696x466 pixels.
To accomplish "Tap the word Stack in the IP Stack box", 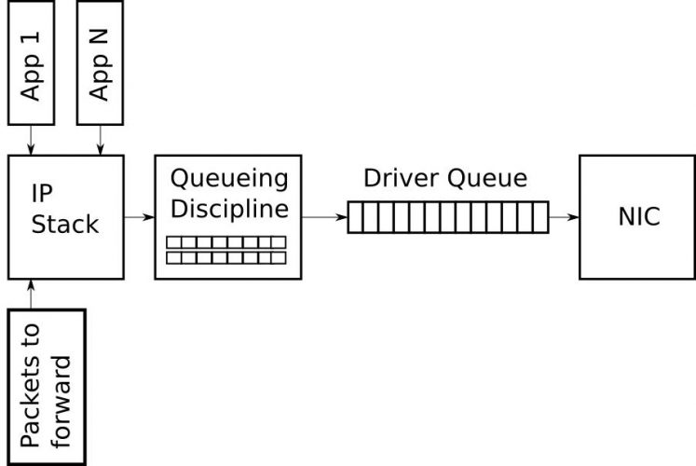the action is [65, 224].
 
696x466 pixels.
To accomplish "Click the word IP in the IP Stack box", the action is [42, 194].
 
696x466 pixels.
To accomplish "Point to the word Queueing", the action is [229, 179].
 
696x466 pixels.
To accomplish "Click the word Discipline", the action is [229, 208].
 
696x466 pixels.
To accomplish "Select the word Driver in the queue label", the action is [403, 178].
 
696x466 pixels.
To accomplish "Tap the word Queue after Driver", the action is [487, 178].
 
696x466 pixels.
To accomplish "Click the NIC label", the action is [639, 216].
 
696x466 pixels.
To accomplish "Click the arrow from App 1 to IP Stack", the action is [31, 140].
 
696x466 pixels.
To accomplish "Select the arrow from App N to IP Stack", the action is [100, 140].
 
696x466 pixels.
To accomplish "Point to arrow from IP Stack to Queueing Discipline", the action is [140, 217].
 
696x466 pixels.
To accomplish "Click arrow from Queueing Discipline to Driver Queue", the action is [324, 217].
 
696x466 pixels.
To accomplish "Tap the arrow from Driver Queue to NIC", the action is [565, 217].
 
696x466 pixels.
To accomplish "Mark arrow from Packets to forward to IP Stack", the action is [31, 295].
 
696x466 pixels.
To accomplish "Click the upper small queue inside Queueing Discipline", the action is [225, 242].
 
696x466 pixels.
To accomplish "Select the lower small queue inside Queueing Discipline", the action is [225, 258].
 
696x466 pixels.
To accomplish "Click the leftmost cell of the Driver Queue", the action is [355, 217].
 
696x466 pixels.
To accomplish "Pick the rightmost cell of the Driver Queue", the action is [541, 217].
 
